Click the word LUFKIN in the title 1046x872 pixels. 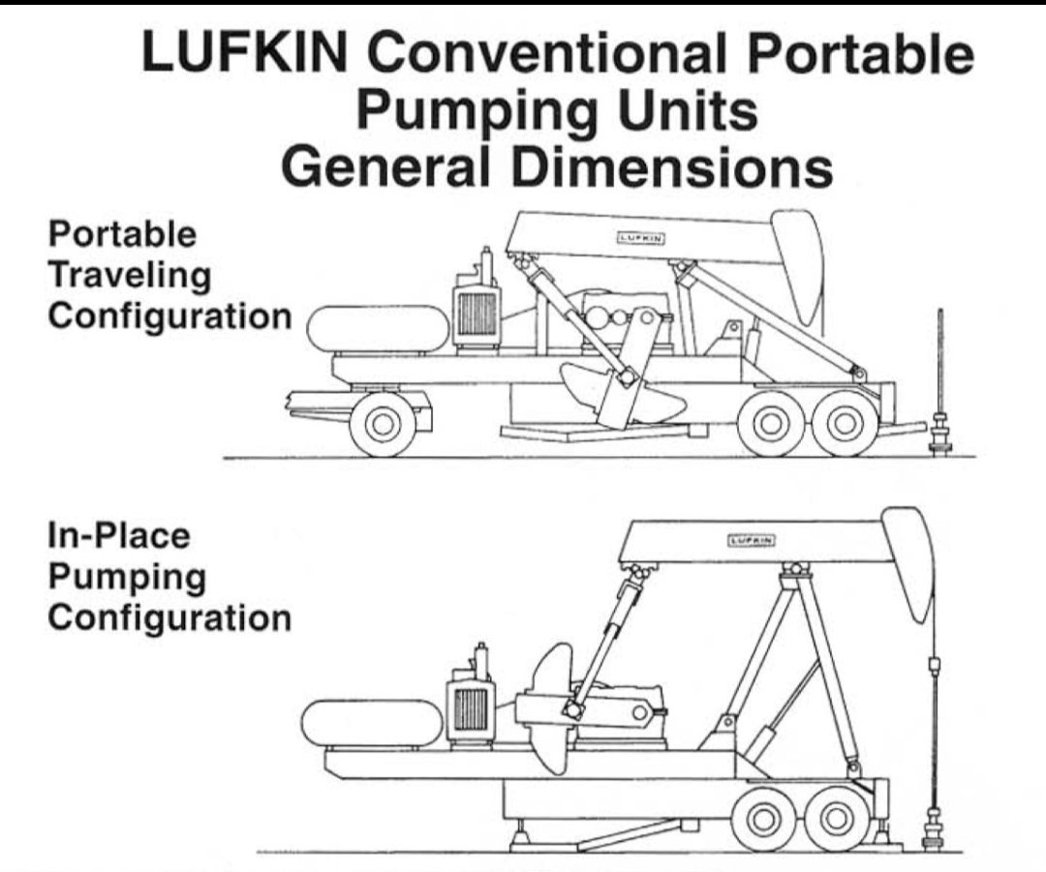pos(245,55)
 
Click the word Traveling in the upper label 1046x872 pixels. pos(130,276)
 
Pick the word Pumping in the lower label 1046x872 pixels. pos(127,577)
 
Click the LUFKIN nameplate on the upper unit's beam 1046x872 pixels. pos(639,235)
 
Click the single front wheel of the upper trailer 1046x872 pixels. pos(382,424)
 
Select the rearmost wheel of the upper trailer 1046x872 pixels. pos(844,423)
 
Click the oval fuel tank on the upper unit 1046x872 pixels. pos(378,329)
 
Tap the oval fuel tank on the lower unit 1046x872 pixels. pos(372,724)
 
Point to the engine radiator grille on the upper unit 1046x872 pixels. pos(477,313)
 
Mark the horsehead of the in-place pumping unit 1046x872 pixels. pos(908,561)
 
